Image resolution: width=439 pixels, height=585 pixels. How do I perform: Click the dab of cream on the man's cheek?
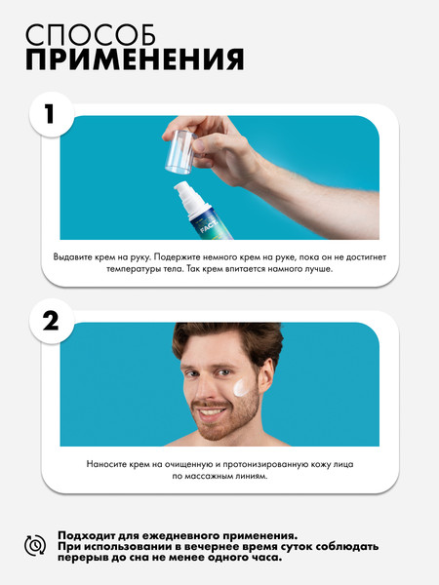243,389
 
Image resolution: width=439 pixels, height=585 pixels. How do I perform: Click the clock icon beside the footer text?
34,546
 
